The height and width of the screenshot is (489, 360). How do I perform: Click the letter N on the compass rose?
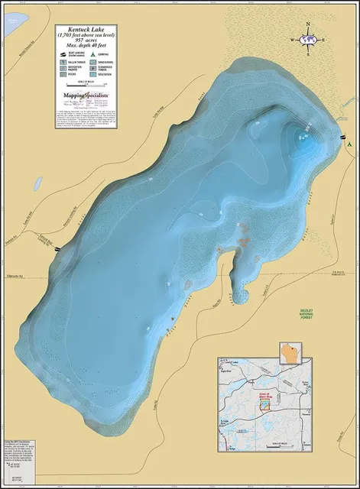308,24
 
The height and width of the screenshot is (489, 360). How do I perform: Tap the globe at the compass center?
308,39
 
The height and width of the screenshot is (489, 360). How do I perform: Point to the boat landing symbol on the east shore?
340,138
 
